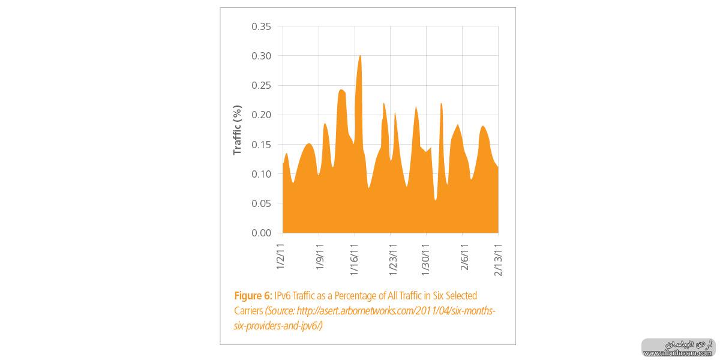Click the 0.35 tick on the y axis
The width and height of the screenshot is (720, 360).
coord(261,27)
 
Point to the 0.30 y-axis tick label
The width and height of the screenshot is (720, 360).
coord(261,56)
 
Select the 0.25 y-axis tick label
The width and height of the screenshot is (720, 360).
coord(261,86)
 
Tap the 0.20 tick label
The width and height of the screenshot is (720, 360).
coord(261,115)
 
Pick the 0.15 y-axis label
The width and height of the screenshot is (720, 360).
coord(261,145)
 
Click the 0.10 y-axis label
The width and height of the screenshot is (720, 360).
coord(261,174)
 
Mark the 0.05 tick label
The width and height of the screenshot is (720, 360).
coord(261,203)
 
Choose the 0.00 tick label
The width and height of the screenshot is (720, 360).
coord(261,233)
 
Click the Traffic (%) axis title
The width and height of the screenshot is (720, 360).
coord(238,130)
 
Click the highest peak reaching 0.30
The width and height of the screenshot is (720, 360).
coord(359,56)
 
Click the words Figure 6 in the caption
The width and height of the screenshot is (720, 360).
coord(253,296)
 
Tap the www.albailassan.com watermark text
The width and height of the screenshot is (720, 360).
coord(679,353)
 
